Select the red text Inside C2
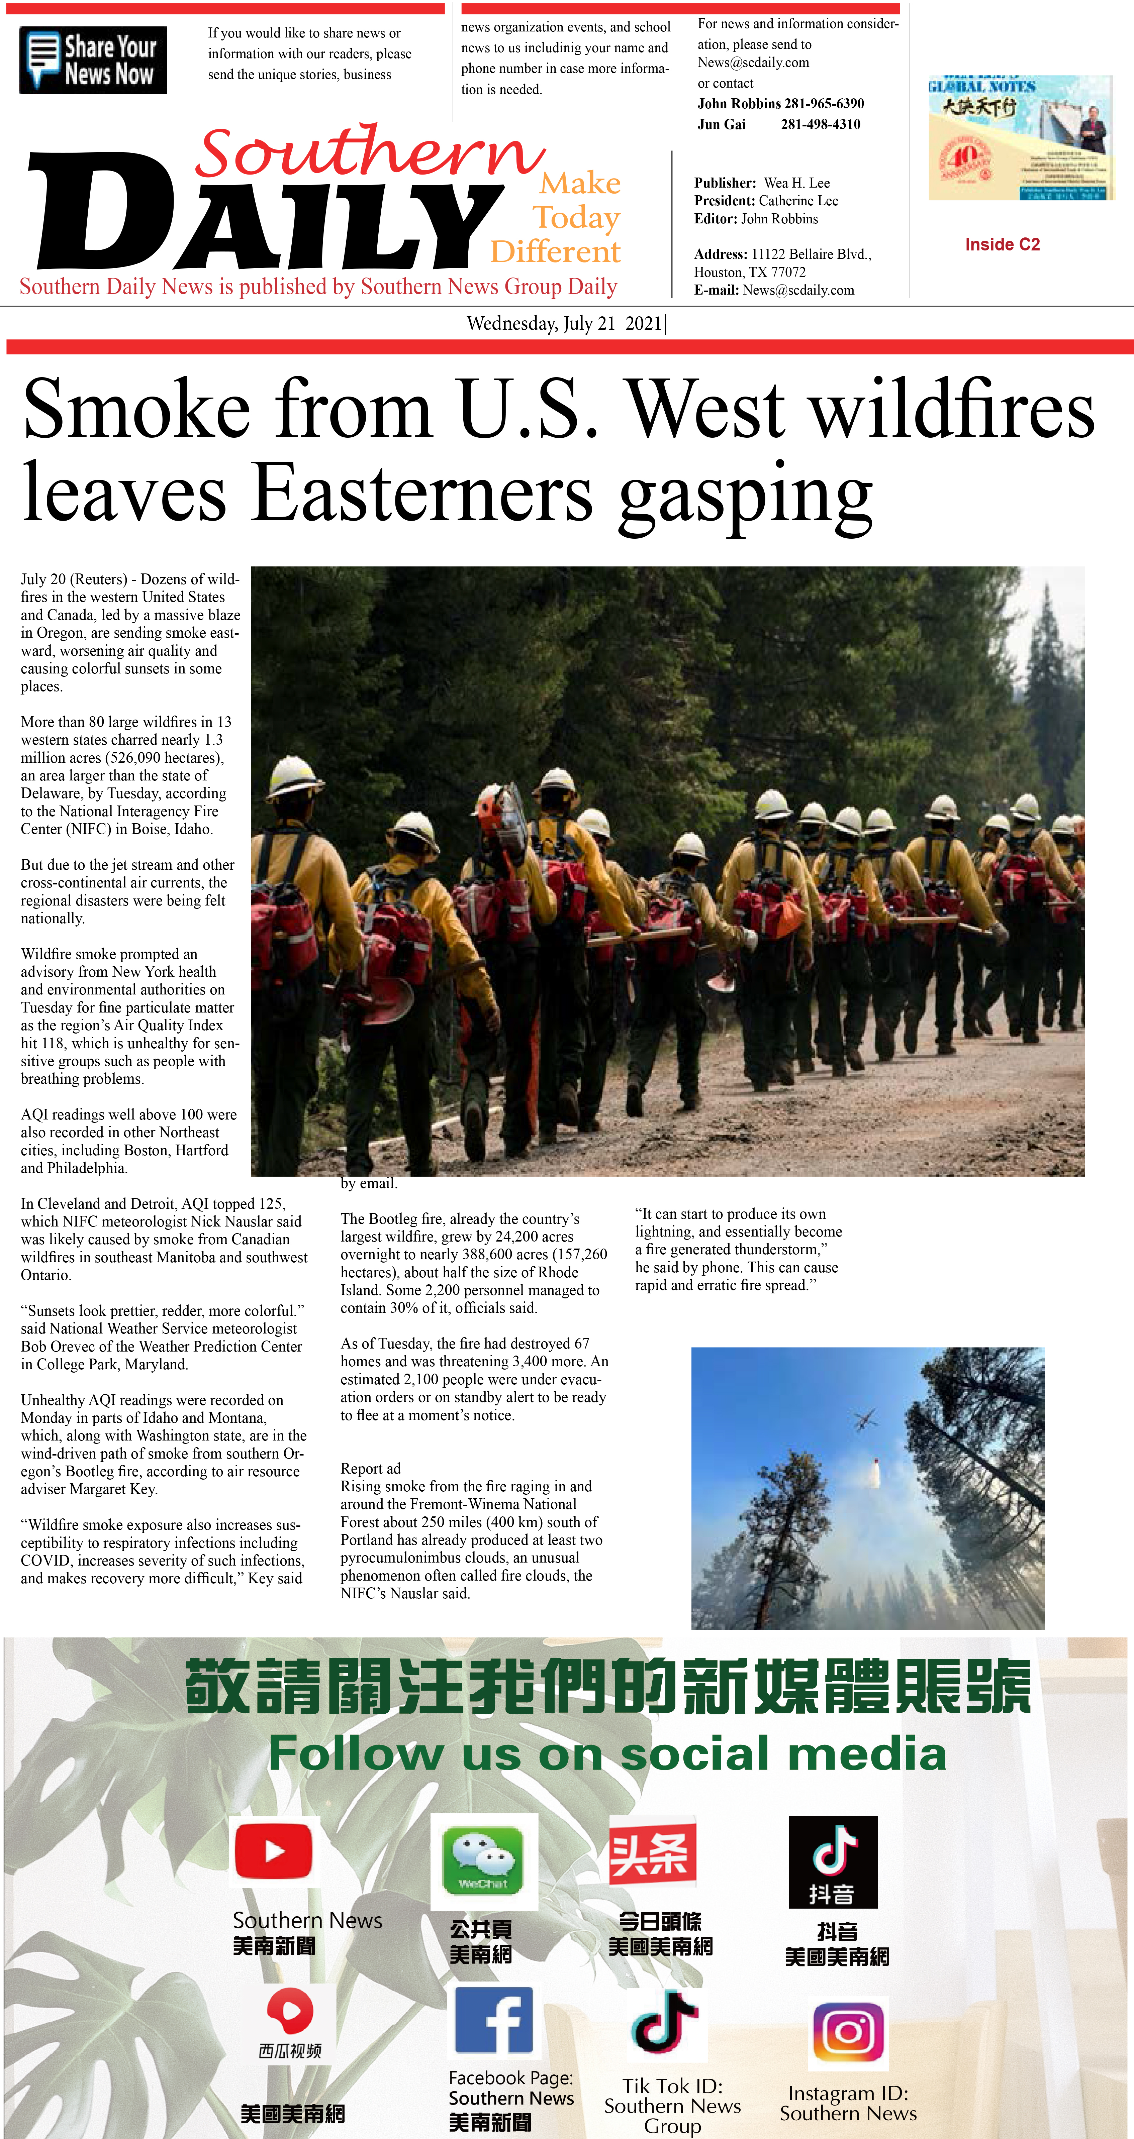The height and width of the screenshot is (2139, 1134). [x=1002, y=244]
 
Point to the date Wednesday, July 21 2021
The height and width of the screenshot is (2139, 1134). [x=565, y=324]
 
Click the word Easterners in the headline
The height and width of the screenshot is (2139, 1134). [x=422, y=493]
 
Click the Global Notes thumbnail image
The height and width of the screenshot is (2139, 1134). [x=1020, y=138]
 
